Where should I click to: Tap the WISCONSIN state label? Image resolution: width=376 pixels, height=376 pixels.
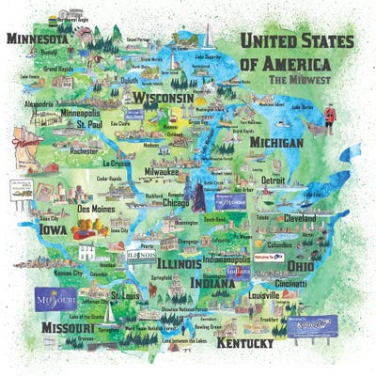(x=163, y=98)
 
